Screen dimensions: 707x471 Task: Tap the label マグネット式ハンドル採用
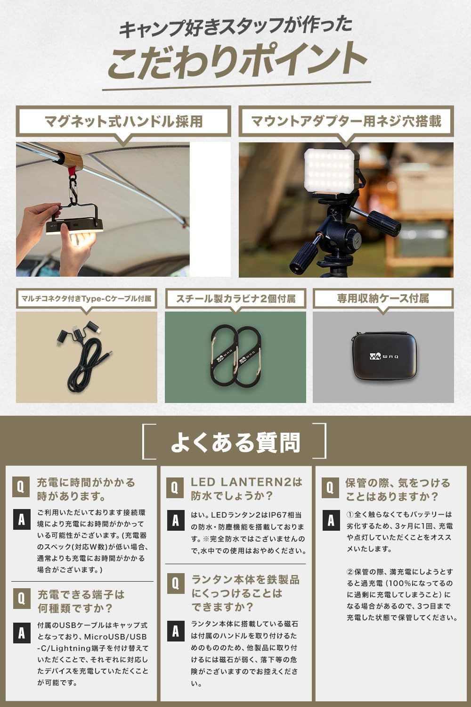coord(123,121)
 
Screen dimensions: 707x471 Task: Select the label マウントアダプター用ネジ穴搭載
coord(346,121)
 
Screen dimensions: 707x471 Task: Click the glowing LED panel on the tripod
coord(330,171)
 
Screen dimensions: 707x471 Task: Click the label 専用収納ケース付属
coord(383,298)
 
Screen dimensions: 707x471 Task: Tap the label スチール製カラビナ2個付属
coord(235,298)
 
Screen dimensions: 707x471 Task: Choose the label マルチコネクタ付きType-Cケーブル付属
coord(86,298)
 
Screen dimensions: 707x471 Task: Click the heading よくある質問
coord(235,443)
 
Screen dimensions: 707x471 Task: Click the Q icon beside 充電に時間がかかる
coord(21,486)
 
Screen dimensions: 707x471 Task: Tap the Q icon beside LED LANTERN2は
coord(175,487)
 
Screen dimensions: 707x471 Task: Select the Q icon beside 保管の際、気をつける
coord(330,487)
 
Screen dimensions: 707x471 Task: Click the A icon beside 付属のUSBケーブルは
coord(21,633)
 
